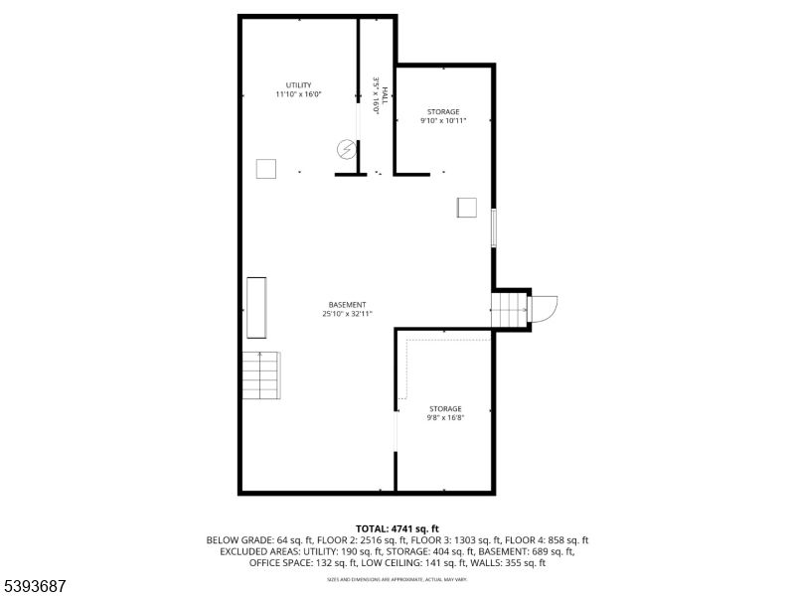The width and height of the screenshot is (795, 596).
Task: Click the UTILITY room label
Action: [x=298, y=84]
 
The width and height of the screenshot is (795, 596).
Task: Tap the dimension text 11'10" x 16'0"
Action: [x=298, y=94]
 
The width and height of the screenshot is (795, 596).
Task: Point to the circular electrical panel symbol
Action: [x=346, y=150]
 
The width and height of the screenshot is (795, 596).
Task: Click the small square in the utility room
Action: [x=265, y=169]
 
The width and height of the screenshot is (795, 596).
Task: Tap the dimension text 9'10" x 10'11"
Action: [x=443, y=121]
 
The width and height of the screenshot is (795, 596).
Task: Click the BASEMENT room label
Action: [x=346, y=304]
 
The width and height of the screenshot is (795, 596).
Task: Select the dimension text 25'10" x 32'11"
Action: [x=346, y=314]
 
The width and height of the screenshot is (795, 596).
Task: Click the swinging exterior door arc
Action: [x=546, y=309]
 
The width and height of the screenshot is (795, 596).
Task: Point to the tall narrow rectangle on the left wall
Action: [x=255, y=310]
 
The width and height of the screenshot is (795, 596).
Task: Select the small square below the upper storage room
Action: [x=466, y=207]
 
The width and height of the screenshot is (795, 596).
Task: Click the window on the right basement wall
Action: [x=494, y=228]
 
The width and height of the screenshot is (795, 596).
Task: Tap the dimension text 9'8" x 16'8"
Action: [x=444, y=418]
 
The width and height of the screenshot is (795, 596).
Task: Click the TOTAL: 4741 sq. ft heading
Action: [x=397, y=528]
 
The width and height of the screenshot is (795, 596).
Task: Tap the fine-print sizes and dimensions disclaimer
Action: [x=397, y=578]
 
